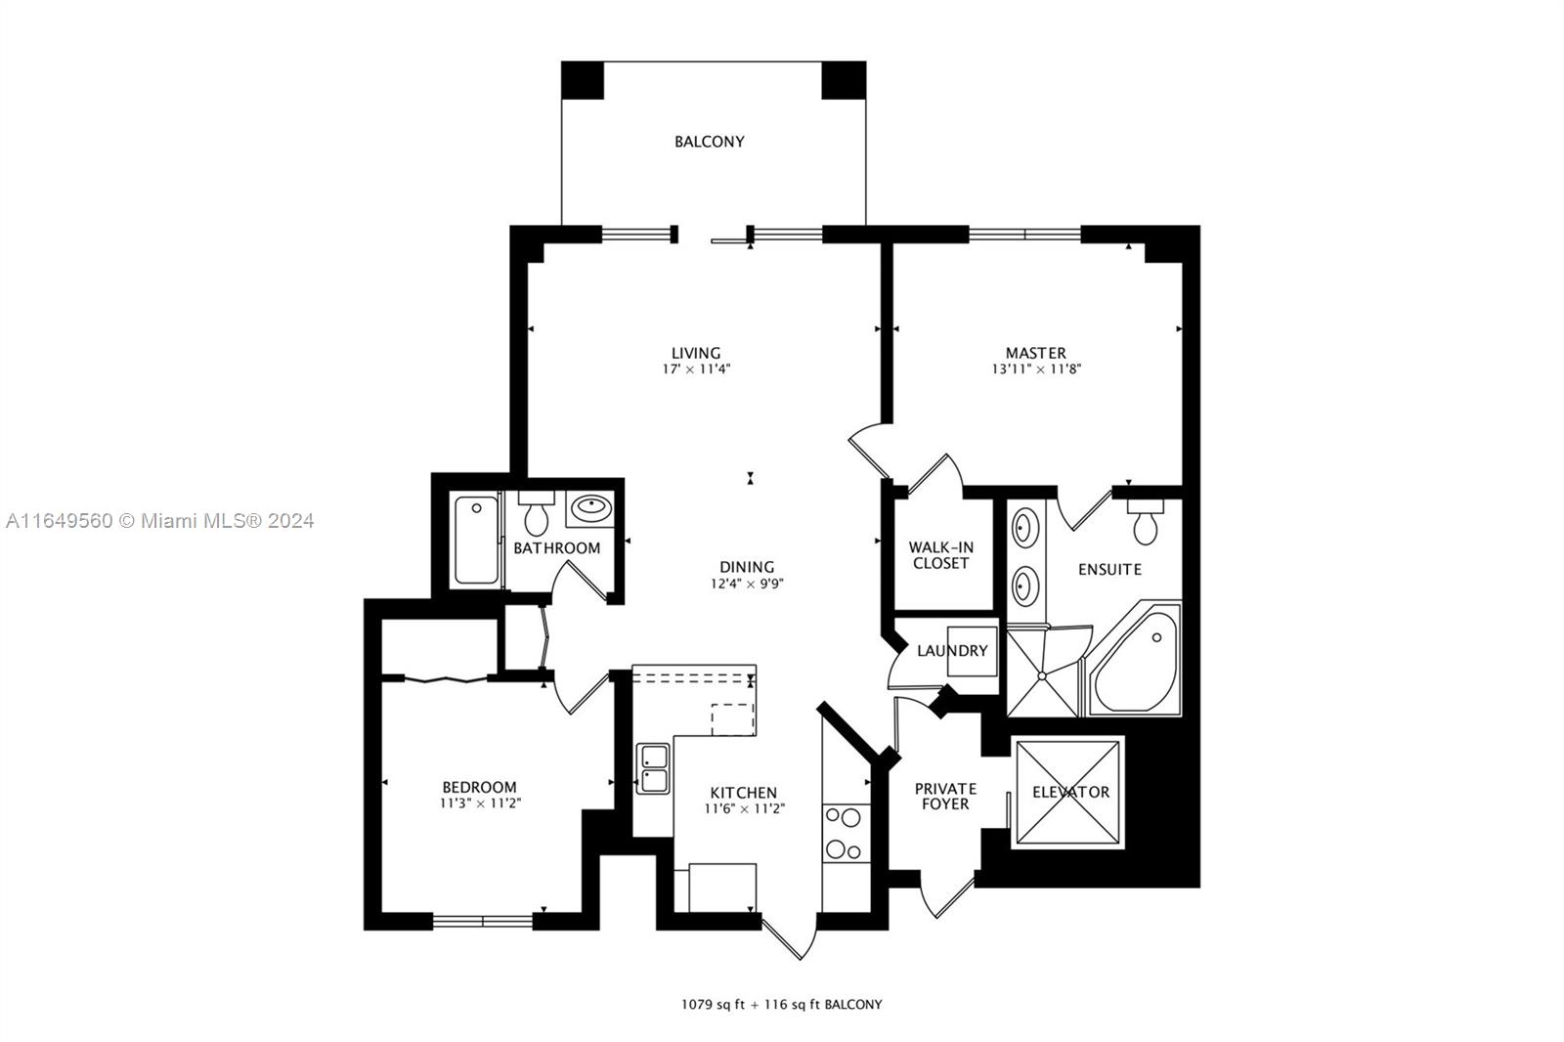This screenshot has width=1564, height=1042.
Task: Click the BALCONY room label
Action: pos(710,142)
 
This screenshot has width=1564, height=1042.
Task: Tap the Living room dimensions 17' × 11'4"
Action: pos(696,369)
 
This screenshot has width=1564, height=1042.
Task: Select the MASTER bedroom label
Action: pos(1035,354)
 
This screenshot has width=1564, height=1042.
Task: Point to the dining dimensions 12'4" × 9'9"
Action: pos(747,584)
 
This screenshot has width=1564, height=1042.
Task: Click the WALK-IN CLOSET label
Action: pos(940,555)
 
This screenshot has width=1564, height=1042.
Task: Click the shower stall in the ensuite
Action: pos(1043,672)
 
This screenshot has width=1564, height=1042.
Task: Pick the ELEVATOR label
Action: pos(1070,792)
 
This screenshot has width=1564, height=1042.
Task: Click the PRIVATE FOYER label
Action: pos(945,797)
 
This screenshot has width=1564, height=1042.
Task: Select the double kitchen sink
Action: pos(653,768)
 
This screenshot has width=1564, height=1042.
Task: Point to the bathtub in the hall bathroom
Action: pos(476,540)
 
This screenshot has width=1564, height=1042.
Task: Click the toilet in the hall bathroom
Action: pos(537,512)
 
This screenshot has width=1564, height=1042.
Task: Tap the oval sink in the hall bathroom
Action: pos(590,507)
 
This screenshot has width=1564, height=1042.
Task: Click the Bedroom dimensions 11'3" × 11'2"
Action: pos(480,803)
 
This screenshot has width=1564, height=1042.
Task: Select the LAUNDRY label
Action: pos(952,651)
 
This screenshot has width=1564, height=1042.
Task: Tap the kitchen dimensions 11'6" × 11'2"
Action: pos(745,808)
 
